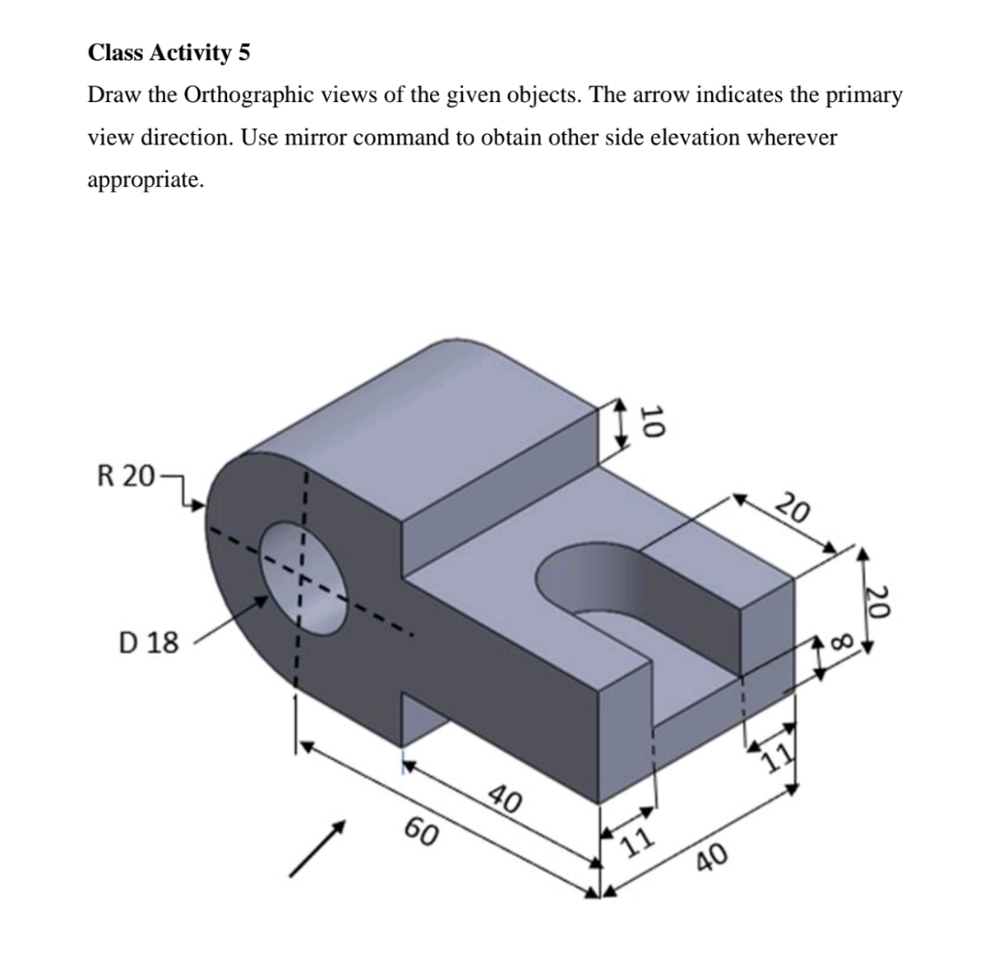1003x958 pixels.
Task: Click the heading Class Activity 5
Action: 168,53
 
